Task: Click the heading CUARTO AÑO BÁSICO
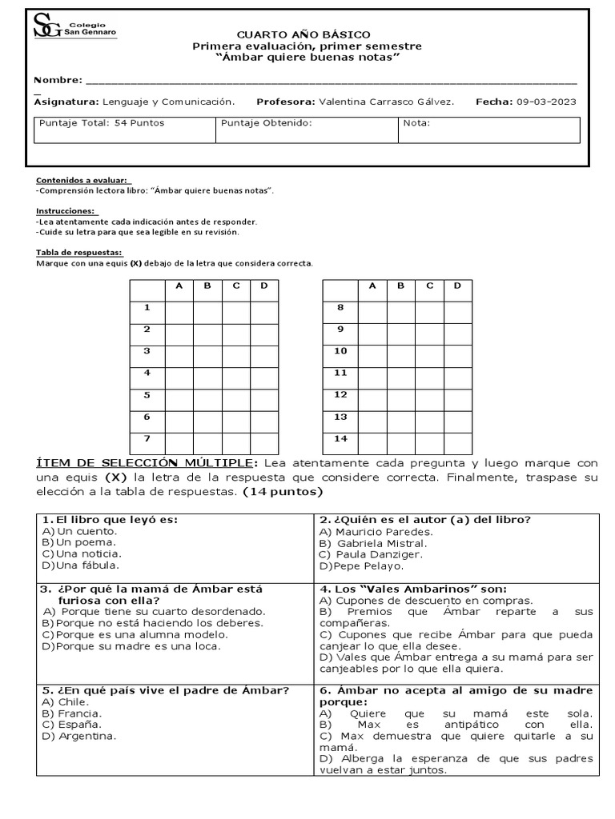[x=303, y=34]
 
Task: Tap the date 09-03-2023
[x=546, y=102]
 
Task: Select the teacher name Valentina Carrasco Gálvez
[x=386, y=102]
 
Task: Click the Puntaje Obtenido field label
[x=266, y=123]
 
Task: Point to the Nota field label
[x=416, y=123]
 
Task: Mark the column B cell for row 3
[x=207, y=351]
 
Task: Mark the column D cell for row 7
[x=264, y=438]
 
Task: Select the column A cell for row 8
[x=372, y=308]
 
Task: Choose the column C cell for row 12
[x=428, y=395]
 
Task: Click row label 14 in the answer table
[x=340, y=438]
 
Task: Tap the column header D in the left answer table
[x=264, y=286]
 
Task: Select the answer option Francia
[x=78, y=713]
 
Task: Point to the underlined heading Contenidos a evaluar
[x=82, y=181]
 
